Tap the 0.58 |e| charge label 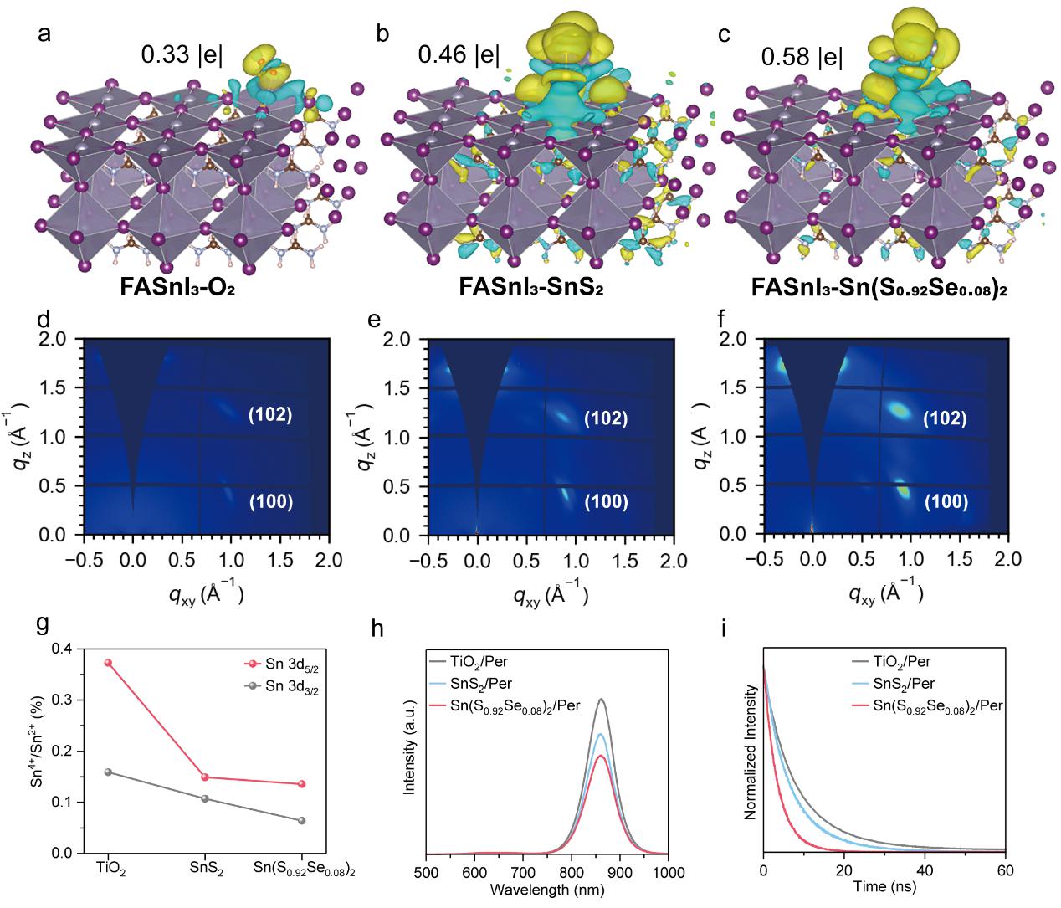[x=802, y=56]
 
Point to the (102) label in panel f [x=946, y=418]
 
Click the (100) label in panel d [x=269, y=501]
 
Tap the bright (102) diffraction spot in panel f [x=900, y=410]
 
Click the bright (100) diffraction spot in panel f [x=903, y=489]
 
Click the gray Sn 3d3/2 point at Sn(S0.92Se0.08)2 [x=302, y=820]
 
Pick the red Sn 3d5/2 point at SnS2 [x=205, y=777]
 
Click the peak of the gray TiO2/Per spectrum [x=600, y=700]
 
